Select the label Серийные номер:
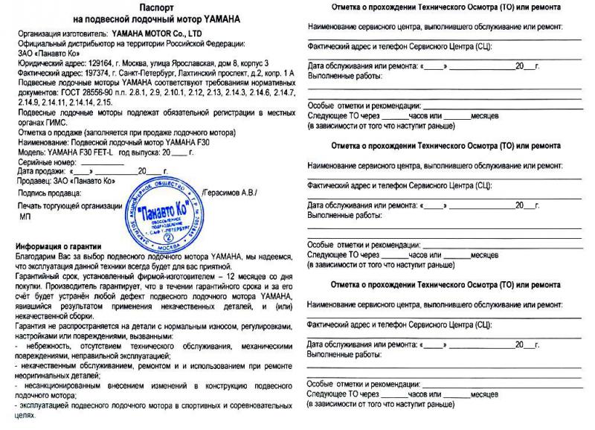(x=46, y=161)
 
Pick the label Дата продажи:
(x=42, y=171)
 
